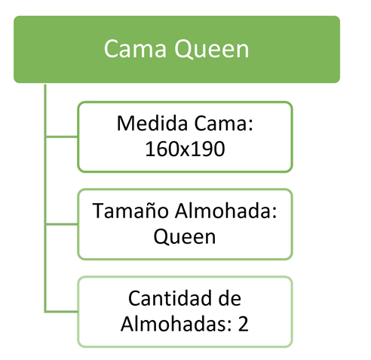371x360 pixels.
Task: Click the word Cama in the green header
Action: point(135,48)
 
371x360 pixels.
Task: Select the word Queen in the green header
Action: point(212,49)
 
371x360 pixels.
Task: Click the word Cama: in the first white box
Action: point(223,124)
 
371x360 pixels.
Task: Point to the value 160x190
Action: point(185,149)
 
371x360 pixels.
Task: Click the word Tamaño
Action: point(130,211)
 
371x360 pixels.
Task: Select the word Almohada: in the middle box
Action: point(225,211)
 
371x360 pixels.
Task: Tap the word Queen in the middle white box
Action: point(185,236)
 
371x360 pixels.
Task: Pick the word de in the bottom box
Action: point(230,298)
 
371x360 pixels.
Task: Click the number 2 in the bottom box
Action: point(243,324)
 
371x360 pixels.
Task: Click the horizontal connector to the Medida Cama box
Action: point(62,137)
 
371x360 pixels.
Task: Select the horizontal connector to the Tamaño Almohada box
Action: point(62,224)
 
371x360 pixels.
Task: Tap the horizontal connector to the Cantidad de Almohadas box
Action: point(62,312)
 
